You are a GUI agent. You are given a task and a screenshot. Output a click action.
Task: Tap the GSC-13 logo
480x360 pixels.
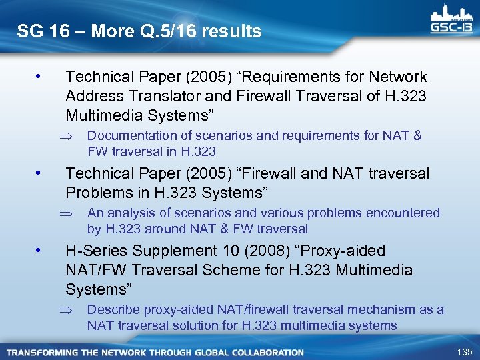[452, 19]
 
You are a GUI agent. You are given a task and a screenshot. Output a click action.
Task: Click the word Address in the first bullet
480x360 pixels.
[92, 96]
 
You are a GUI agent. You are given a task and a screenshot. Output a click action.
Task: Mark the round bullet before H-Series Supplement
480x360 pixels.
[41, 251]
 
